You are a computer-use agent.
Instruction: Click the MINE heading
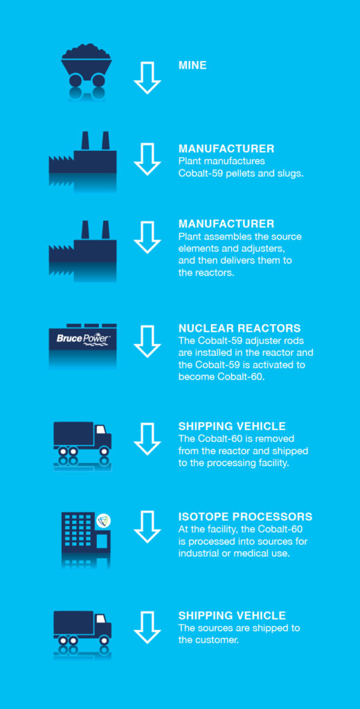pyautogui.click(x=192, y=66)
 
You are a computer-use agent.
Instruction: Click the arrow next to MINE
pyautogui.click(x=147, y=78)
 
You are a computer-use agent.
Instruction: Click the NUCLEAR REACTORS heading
pyautogui.click(x=240, y=327)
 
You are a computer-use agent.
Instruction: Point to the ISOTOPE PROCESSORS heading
pyautogui.click(x=246, y=517)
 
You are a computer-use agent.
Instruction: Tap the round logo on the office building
pyautogui.click(x=104, y=521)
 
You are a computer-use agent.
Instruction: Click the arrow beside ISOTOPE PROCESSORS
pyautogui.click(x=147, y=527)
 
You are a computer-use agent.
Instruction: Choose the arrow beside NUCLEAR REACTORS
pyautogui.click(x=147, y=341)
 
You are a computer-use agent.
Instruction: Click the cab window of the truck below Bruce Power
pyautogui.click(x=100, y=429)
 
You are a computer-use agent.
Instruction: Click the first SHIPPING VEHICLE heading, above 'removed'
pyautogui.click(x=232, y=426)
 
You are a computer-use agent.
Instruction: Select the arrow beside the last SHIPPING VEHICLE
pyautogui.click(x=147, y=627)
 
